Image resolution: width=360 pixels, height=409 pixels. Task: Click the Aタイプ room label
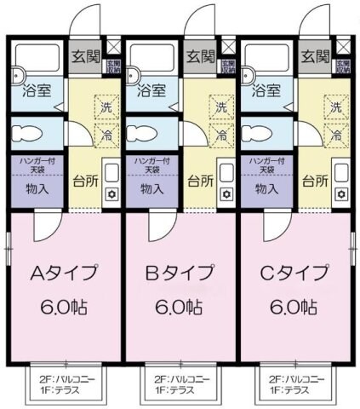pos(65,274)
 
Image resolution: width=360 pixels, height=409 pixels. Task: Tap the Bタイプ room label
pos(180,274)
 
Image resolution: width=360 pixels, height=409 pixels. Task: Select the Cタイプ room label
pos(294,274)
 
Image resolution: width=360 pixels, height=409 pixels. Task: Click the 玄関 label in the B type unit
pos(201,57)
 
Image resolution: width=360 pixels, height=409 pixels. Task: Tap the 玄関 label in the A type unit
pos(85,57)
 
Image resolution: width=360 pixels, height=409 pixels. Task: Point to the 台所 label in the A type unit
pos(83,181)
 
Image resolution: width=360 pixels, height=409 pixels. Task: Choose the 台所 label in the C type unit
pos(314,181)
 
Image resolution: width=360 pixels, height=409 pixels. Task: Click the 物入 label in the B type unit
pos(152,189)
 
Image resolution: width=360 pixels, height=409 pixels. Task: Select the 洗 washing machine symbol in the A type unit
pos(106,108)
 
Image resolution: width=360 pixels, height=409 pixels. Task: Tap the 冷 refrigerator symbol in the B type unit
pos(220,135)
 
